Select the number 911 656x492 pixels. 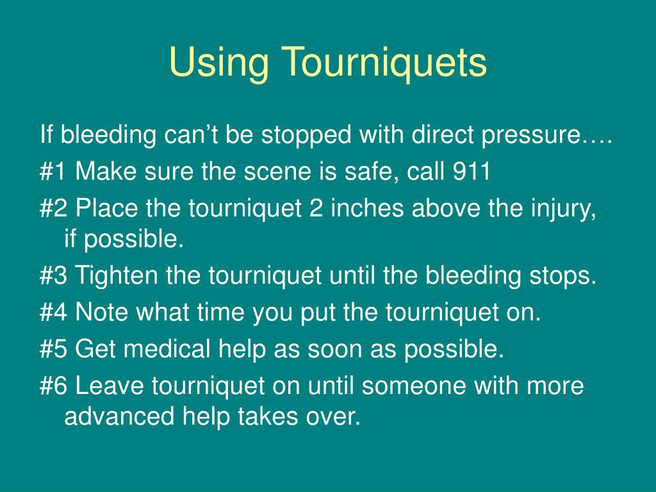pos(471,172)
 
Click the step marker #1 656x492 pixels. pos(54,172)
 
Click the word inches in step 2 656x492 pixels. pos(365,208)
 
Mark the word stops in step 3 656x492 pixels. pos(563,276)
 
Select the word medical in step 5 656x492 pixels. pos(167,349)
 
